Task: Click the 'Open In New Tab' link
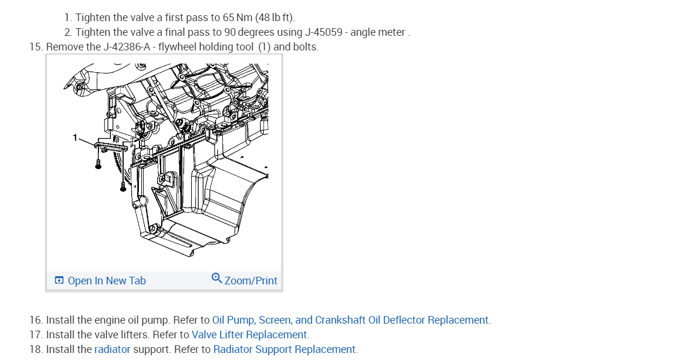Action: click(106, 281)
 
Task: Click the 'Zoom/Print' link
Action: click(250, 281)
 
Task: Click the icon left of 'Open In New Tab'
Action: click(59, 281)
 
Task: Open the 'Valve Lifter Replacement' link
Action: click(249, 335)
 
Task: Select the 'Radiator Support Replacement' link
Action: click(284, 349)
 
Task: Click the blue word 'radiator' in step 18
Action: click(112, 349)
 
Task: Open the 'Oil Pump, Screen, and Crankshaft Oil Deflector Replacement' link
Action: click(351, 320)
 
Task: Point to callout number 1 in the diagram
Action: click(75, 137)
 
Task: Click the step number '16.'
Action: click(36, 320)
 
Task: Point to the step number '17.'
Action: click(36, 335)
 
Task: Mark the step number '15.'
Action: click(36, 47)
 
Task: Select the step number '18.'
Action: click(36, 349)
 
